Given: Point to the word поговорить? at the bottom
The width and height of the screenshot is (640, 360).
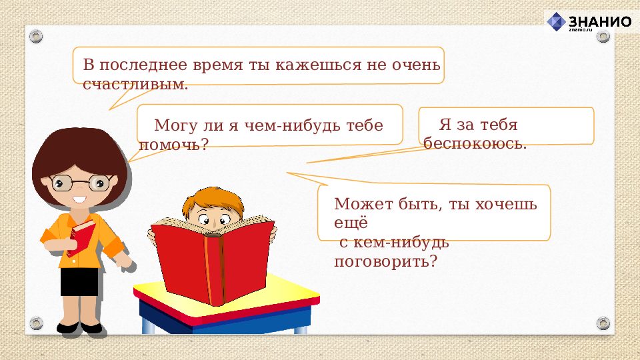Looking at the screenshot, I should (x=385, y=261).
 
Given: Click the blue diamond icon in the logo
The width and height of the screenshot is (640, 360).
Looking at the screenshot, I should (x=556, y=22).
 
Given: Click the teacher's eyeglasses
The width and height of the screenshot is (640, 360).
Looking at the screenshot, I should (x=81, y=182).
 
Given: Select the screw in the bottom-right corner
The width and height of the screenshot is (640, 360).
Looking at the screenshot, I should (x=603, y=323).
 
